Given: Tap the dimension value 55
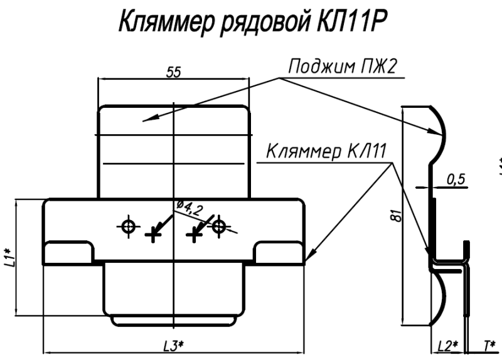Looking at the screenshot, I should click(x=173, y=73).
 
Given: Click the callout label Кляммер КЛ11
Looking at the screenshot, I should click(x=327, y=152).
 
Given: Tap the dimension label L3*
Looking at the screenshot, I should click(x=173, y=345).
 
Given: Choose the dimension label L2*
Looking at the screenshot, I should click(x=447, y=346).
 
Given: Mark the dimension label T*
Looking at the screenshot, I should click(x=489, y=346).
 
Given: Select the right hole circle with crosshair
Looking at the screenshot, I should click(x=218, y=225).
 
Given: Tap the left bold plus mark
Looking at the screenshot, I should click(x=152, y=234).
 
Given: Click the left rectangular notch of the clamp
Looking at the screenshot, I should click(x=68, y=254).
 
